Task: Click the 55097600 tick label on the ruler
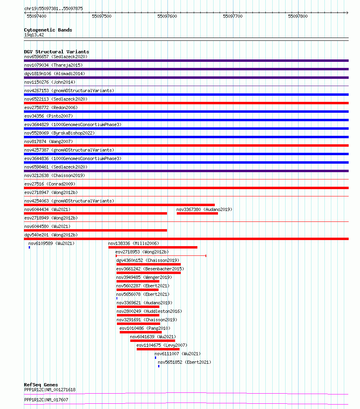167,16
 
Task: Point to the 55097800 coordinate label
298,16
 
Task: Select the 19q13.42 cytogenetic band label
34,35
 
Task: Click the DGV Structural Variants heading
56,52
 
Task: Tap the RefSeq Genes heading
41,385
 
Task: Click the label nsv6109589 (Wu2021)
51,244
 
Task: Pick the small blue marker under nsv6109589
29,247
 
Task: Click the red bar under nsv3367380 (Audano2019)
197,213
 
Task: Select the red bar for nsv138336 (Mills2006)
152,247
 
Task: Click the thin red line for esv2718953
161,256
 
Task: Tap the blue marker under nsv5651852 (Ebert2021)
159,366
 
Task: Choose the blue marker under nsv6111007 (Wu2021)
155,358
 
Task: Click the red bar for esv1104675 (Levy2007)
158,349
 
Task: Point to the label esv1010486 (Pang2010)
145,328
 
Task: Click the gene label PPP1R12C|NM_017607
46,400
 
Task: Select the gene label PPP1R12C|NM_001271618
50,390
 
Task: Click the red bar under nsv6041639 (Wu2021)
152,341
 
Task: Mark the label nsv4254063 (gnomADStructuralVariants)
69,201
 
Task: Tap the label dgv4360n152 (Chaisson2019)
148,260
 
